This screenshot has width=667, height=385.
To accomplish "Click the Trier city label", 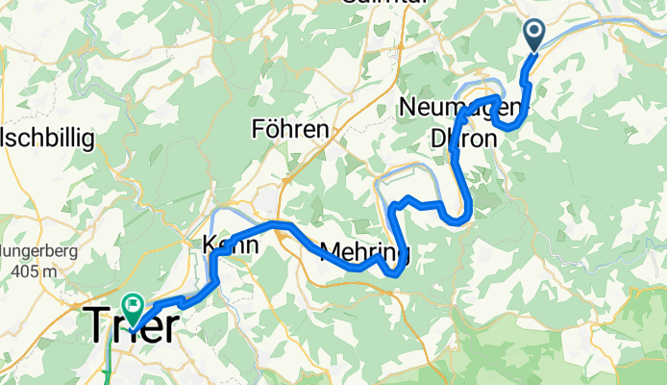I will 132,326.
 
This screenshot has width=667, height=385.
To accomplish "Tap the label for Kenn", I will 231,246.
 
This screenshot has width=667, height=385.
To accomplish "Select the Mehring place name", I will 364,253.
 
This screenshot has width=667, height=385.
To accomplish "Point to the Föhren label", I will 289,128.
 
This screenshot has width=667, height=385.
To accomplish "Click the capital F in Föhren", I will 258,128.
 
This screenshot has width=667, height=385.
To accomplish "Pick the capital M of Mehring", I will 329,253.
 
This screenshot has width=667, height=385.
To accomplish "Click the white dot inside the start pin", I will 535,32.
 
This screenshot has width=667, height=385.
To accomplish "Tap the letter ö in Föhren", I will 273,128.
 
